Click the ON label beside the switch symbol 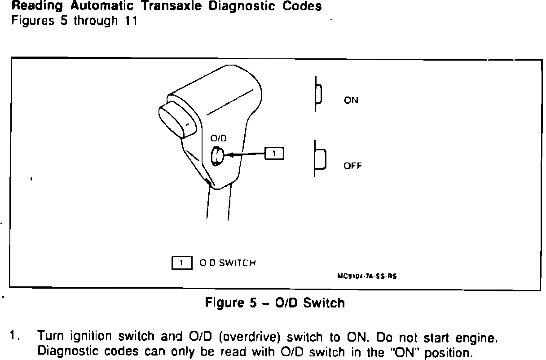click(x=351, y=101)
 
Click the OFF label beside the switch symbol click(x=352, y=166)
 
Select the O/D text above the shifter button click(x=218, y=139)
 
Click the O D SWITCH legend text click(x=228, y=263)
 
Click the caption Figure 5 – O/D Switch click(x=275, y=303)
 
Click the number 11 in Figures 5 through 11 click(x=131, y=21)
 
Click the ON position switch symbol click(x=318, y=95)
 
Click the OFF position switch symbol click(x=320, y=158)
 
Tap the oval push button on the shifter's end click(x=176, y=119)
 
